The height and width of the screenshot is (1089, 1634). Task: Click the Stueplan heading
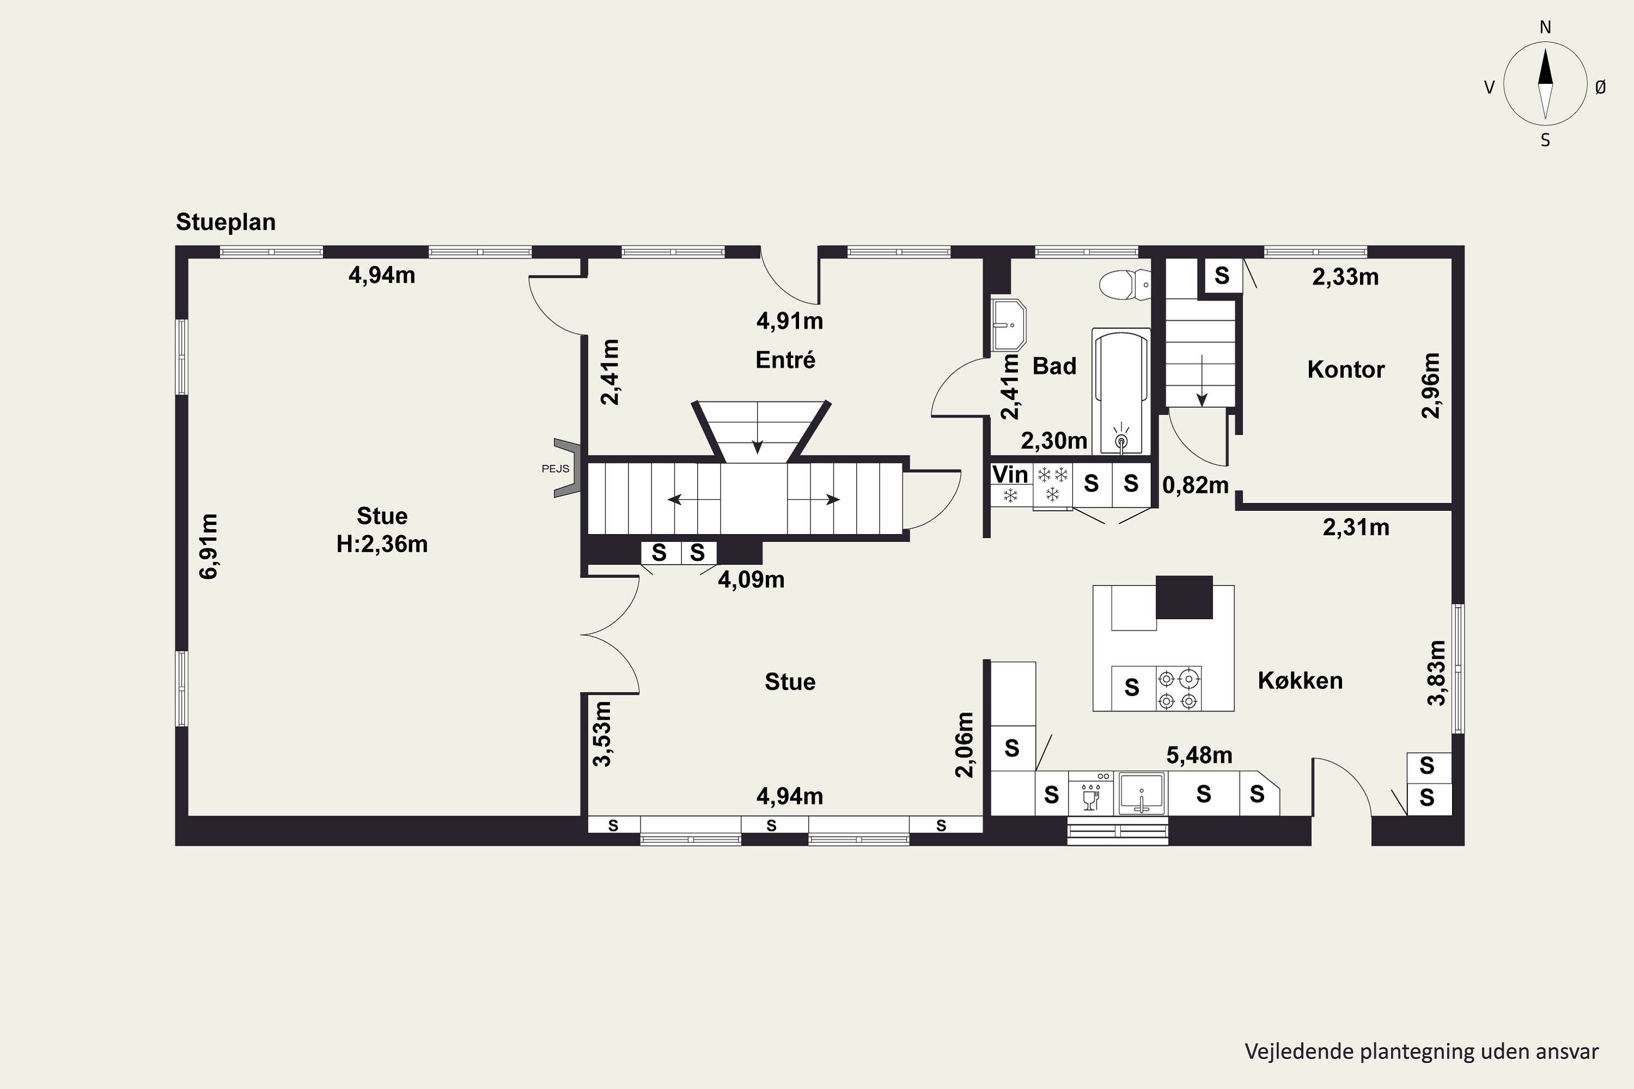coord(226,222)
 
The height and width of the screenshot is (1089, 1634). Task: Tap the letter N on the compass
coord(1545,27)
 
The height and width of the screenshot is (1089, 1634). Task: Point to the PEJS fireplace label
coord(555,469)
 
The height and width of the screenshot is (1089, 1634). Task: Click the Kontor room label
coord(1346,370)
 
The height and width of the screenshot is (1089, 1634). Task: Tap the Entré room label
coord(785,360)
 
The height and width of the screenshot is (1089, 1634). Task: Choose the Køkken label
coord(1300,681)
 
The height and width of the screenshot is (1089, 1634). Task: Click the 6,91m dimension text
coord(209,546)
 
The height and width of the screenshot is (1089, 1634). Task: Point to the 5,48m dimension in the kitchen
coord(1199,755)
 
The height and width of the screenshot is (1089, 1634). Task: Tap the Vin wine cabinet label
coord(1010,474)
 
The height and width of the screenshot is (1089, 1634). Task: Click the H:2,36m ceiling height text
coord(382,544)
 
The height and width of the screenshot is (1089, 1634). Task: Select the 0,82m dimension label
coord(1195,485)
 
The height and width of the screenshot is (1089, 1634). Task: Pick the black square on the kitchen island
coord(1184,597)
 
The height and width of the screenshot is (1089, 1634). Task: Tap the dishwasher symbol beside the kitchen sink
coord(1091,793)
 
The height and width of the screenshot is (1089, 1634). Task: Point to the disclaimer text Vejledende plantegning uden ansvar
coord(1422,1051)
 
